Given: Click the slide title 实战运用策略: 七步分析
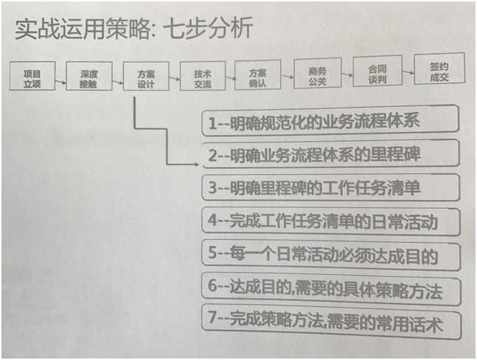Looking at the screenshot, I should pyautogui.click(x=133, y=29).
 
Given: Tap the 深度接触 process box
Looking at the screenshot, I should pyautogui.click(x=88, y=75).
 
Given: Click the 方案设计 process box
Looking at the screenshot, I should pyautogui.click(x=145, y=75).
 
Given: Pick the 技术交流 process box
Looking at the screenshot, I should pyautogui.click(x=202, y=75).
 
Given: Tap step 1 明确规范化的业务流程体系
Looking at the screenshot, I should pyautogui.click(x=330, y=121).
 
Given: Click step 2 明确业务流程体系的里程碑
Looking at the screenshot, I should pyautogui.click(x=330, y=154).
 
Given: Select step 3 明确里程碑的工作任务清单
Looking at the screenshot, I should pyautogui.click(x=330, y=187).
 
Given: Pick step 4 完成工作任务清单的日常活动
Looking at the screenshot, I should pyautogui.click(x=331, y=221).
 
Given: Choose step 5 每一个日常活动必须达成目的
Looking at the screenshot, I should pyautogui.click(x=331, y=255).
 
